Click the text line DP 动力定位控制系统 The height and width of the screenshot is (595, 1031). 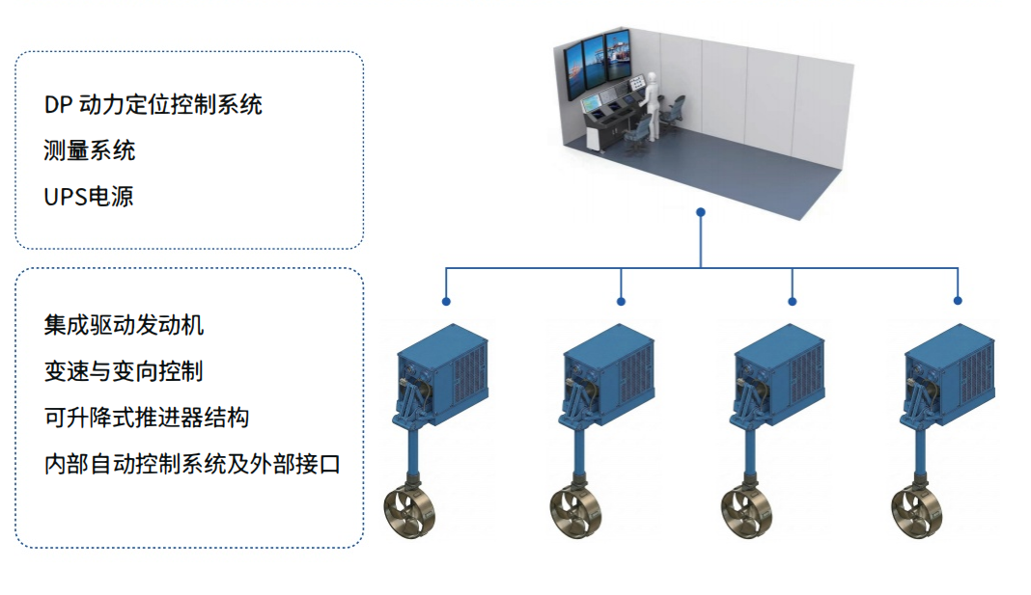[x=153, y=104]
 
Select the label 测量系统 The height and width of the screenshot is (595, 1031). [x=89, y=150]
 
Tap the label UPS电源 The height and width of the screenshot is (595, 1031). [x=89, y=197]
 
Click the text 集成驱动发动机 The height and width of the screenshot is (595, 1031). [x=124, y=325]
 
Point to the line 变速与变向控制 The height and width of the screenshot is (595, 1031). [x=124, y=371]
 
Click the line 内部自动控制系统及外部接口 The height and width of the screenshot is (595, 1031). [x=192, y=464]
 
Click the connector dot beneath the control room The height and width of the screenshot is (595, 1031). [x=701, y=211]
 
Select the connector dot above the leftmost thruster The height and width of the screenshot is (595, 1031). [x=446, y=301]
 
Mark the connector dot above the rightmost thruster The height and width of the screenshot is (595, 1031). [x=958, y=301]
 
